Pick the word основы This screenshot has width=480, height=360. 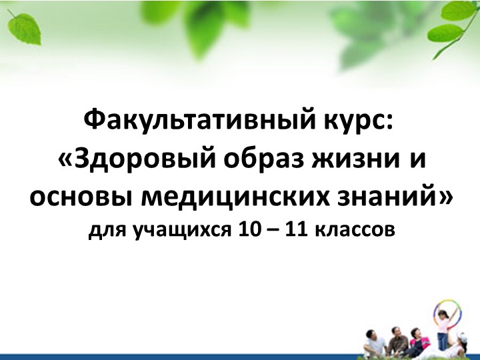point(79,197)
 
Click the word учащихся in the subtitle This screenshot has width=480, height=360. point(171,231)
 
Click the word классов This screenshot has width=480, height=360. point(354,231)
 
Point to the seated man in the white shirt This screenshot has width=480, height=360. point(375,344)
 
